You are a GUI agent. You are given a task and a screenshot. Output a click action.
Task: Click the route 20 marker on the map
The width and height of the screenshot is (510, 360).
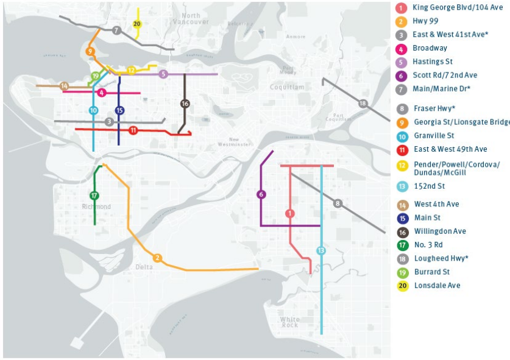coord(137,24)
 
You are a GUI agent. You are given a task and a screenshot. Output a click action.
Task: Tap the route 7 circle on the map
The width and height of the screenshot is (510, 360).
coord(116,30)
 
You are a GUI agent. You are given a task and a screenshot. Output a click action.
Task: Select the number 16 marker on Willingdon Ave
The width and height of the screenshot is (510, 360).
coord(185,104)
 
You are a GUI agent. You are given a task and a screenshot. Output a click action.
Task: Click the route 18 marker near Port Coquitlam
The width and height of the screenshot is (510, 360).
coord(363,104)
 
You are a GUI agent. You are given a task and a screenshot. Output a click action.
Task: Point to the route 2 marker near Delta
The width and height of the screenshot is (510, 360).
coord(157,258)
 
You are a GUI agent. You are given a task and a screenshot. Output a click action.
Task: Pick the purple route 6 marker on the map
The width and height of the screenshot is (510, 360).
coord(261,194)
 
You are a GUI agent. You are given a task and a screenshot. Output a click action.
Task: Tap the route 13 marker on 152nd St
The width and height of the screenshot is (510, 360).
coord(321,250)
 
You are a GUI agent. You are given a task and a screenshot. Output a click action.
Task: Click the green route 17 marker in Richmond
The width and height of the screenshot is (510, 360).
coord(94,196)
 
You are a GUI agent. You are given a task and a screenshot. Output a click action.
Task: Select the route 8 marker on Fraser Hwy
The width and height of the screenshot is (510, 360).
coord(338,203)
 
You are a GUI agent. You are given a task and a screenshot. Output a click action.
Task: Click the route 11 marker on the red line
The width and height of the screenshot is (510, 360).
coord(133,130)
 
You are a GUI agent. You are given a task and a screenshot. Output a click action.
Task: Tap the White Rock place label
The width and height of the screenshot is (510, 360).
coord(290,322)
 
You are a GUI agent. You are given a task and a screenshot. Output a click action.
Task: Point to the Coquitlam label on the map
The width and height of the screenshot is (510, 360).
coord(287,87)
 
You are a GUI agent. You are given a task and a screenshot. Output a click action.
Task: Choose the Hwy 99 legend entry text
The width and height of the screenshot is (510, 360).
coord(425,21)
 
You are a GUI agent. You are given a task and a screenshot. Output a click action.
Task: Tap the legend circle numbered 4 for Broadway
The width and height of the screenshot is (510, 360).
coord(401,48)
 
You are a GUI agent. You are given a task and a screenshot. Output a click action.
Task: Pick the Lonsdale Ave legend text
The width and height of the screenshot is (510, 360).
coord(437,286)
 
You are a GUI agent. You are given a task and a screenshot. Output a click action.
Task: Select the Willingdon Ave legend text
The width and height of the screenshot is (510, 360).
coord(440,231)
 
